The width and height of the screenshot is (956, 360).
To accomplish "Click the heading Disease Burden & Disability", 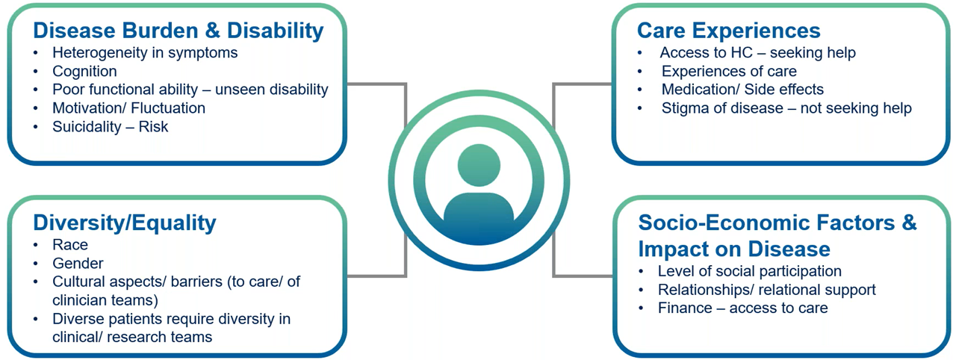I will click(179, 31).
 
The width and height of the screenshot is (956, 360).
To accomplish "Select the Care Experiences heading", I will click(728, 31).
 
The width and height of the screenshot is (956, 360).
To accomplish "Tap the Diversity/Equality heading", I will click(124, 223).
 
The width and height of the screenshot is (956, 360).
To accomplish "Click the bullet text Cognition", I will click(84, 72).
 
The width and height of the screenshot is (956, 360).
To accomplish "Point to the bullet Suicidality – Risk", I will click(110, 126).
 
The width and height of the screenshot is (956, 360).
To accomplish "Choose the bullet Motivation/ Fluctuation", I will click(128, 108).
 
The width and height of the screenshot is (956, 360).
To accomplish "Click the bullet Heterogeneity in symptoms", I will click(145, 53).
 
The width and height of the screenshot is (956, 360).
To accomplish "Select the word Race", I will click(70, 245).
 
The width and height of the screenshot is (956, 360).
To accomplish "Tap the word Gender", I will click(78, 263).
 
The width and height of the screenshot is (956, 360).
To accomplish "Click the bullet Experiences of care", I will click(729, 72).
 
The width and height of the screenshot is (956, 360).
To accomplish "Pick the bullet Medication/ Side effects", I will click(742, 90).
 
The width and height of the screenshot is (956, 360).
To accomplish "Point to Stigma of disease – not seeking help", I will click(786, 108).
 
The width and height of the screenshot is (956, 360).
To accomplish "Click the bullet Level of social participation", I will click(749, 271).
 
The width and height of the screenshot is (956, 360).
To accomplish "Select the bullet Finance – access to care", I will click(742, 308).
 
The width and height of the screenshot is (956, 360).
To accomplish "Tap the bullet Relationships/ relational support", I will click(766, 290).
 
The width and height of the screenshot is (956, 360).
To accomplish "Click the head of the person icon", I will click(479, 166).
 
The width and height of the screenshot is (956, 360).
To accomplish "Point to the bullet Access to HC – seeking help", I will click(757, 53).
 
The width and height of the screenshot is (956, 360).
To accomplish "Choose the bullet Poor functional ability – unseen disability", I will click(190, 90).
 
